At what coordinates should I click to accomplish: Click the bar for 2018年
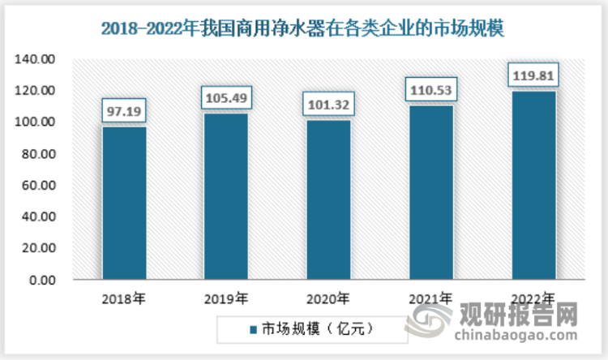[x=124, y=203]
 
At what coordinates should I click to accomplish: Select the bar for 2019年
[x=226, y=196]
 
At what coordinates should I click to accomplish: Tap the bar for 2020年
[x=328, y=199]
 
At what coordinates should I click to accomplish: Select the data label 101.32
[x=328, y=103]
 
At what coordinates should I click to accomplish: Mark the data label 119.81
[x=533, y=75]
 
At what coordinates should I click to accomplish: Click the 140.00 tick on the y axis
[x=38, y=59]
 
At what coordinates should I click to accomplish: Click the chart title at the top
[x=303, y=30]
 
